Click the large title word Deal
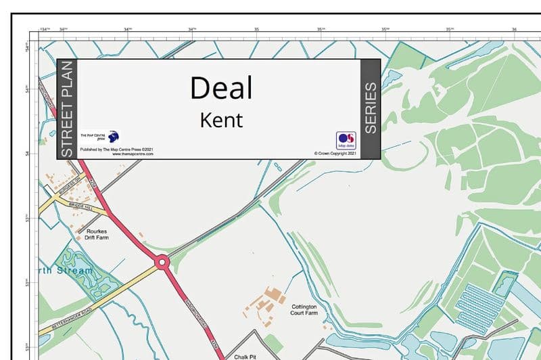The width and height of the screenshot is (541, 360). (x=221, y=89)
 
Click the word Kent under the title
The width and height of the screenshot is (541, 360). (x=221, y=120)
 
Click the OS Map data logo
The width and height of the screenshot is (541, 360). (x=346, y=139)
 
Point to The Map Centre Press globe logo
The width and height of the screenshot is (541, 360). (x=113, y=137)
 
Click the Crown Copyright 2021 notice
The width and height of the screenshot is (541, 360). (x=335, y=154)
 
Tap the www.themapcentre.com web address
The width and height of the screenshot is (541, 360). (x=133, y=154)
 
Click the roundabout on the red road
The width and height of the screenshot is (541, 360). (x=162, y=262)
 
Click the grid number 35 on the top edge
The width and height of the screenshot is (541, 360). (x=256, y=29)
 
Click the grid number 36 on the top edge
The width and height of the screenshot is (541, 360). (x=514, y=29)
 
